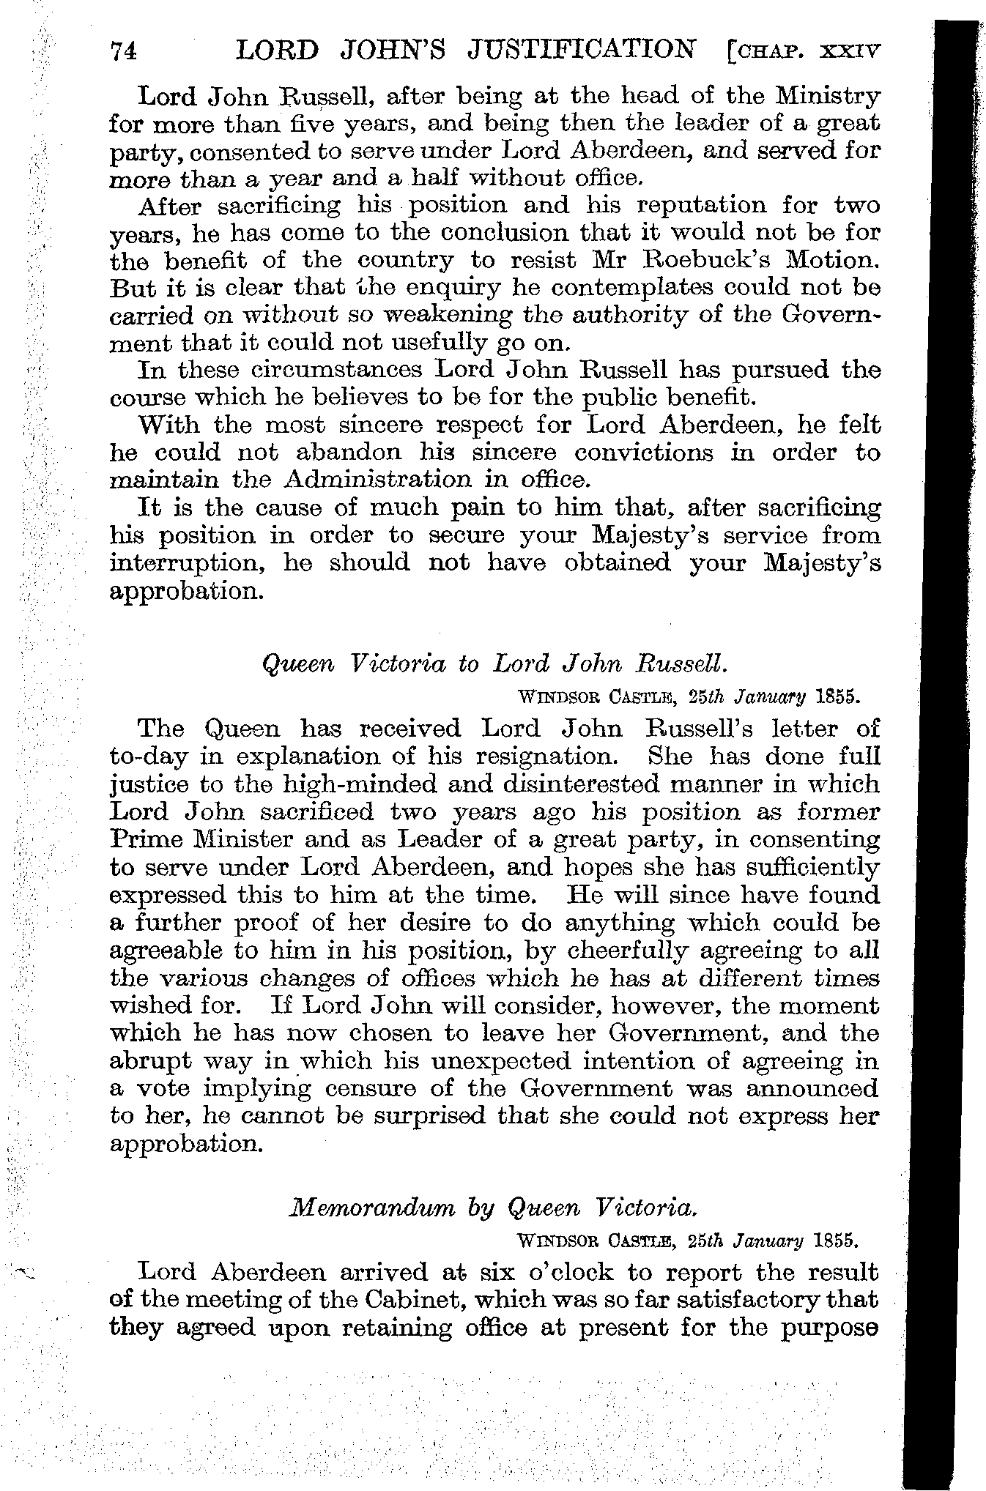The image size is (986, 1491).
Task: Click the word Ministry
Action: click(x=828, y=96)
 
